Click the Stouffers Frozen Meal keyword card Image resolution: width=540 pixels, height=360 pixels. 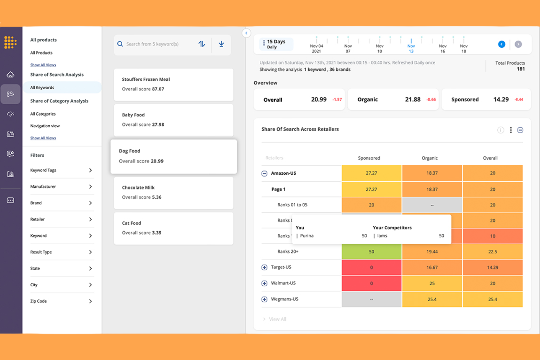tap(173, 84)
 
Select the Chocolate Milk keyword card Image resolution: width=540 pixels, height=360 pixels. tap(173, 193)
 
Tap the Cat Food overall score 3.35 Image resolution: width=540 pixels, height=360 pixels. tap(157, 233)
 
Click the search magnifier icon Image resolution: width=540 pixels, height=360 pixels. tap(120, 44)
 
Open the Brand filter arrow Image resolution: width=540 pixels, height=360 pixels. tap(90, 203)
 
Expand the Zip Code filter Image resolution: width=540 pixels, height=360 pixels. tap(90, 301)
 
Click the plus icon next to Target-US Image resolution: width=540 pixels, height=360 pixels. tap(265, 267)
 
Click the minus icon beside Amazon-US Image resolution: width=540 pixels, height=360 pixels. tap(265, 174)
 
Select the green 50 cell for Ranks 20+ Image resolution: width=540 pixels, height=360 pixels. tap(371, 252)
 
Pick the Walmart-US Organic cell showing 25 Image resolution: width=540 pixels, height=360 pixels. tap(432, 283)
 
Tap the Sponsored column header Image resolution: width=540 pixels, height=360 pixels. tap(369, 158)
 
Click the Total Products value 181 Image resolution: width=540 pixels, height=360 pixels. tap(520, 69)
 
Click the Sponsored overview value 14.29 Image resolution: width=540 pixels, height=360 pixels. tap(501, 100)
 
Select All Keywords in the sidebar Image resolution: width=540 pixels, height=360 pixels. tap(42, 88)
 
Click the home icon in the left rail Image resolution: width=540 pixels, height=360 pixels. tap(11, 75)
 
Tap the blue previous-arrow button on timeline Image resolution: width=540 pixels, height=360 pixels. tap(502, 44)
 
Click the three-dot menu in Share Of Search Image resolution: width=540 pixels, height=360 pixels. tap(511, 130)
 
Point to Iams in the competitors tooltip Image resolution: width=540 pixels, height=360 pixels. tap(382, 236)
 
